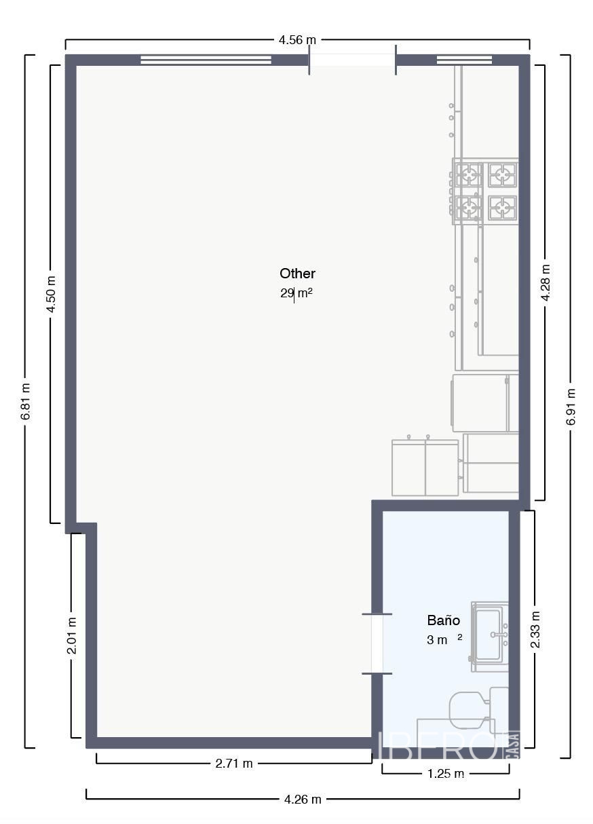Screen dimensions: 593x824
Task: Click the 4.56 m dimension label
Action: click(x=297, y=40)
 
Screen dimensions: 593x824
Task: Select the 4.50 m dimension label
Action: click(x=51, y=295)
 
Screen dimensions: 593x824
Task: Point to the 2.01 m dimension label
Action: click(x=72, y=635)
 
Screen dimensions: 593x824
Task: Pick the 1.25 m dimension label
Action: click(x=446, y=774)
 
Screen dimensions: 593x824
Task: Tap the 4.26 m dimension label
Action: click(x=303, y=799)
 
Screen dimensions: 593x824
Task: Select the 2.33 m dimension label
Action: click(x=535, y=629)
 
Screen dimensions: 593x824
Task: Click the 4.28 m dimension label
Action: click(x=546, y=282)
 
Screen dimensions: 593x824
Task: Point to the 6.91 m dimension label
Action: click(x=571, y=407)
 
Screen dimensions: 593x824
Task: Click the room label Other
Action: click(x=297, y=274)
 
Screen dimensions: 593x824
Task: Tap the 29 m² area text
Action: click(x=296, y=293)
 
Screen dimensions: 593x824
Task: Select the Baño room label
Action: click(x=443, y=620)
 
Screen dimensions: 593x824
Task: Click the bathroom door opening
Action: click(x=377, y=643)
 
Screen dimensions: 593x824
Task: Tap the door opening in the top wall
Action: click(x=352, y=60)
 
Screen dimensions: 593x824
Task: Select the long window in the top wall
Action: click(x=206, y=60)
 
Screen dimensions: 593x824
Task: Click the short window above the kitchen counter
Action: click(x=464, y=60)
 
